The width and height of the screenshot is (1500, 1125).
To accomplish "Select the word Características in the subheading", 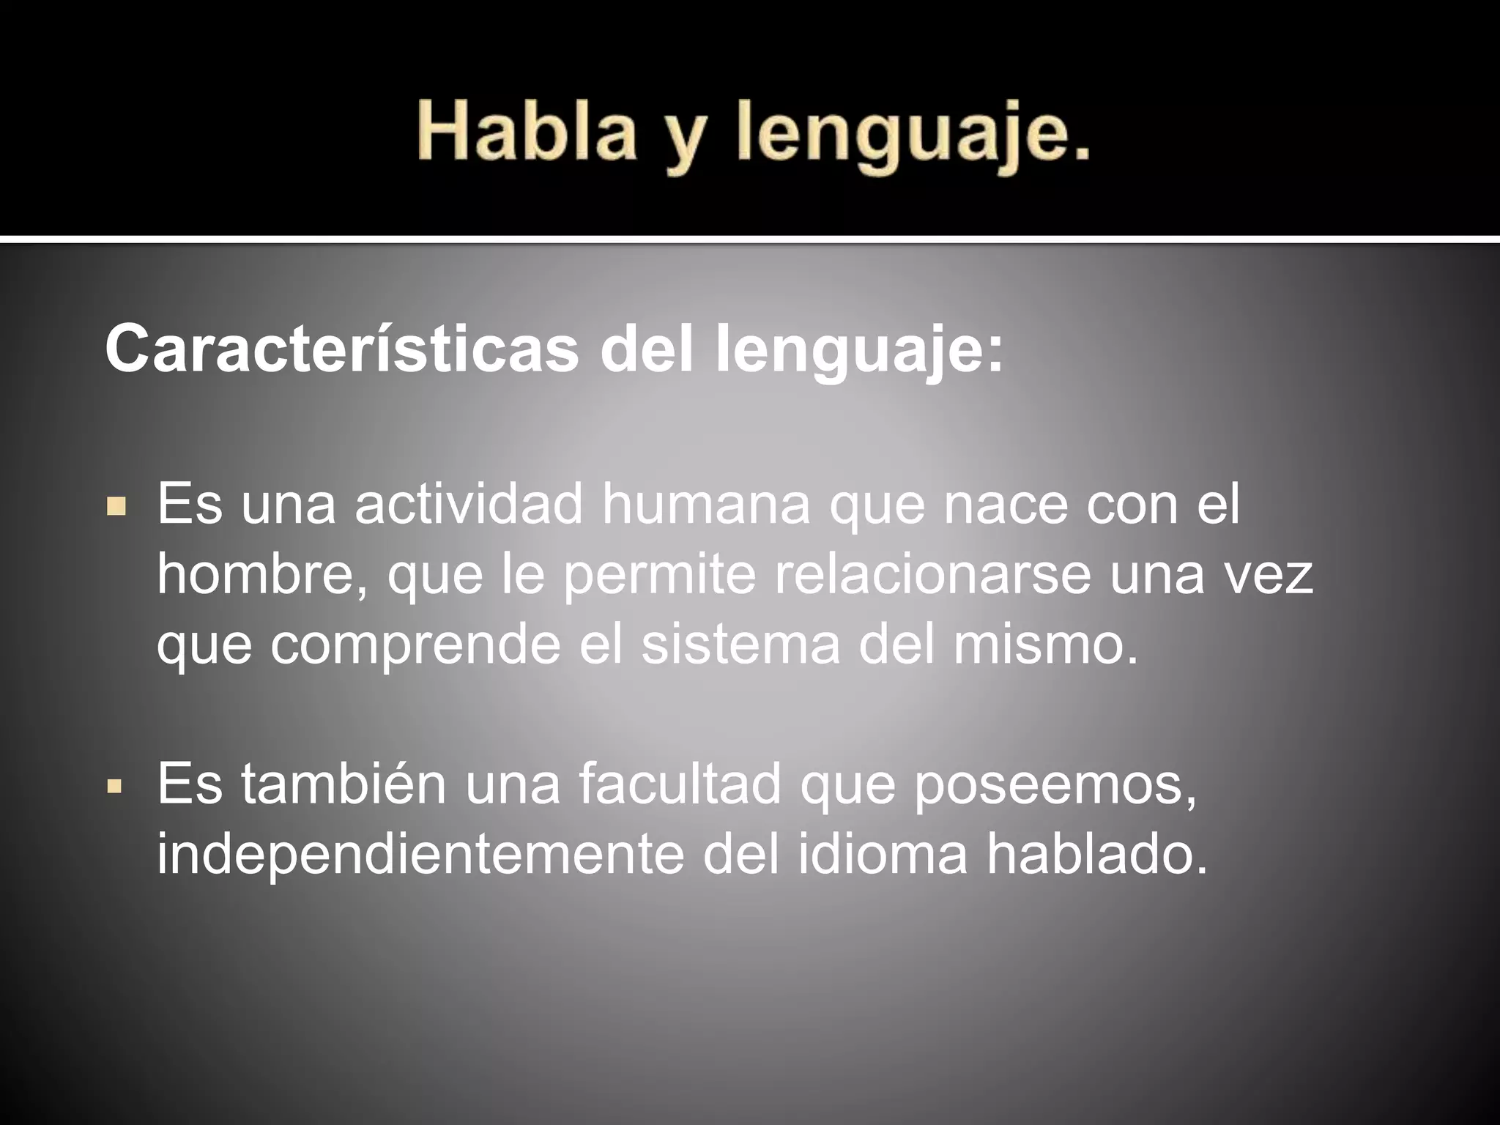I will (341, 350).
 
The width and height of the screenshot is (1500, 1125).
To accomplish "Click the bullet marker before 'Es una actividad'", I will (116, 506).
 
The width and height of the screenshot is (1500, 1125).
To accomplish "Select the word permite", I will (659, 576).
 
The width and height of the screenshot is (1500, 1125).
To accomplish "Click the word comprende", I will (415, 645).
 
